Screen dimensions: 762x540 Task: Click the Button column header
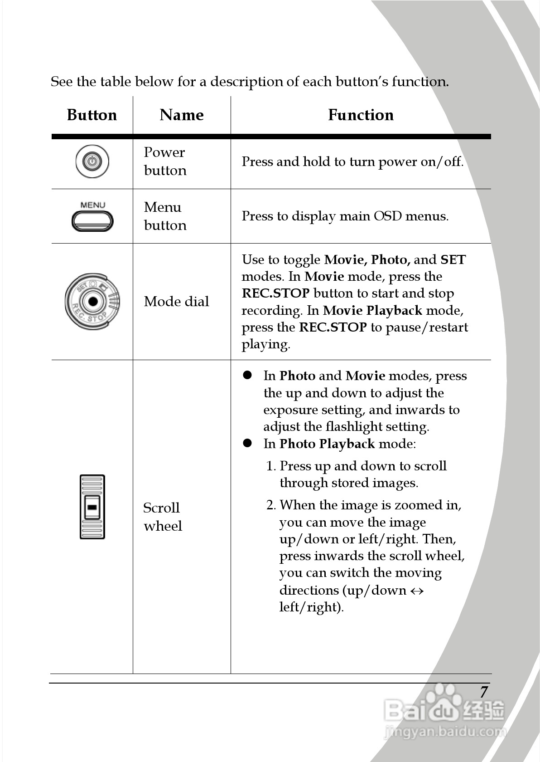[92, 115]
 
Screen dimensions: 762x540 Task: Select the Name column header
[182, 115]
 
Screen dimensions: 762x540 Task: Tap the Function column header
[361, 115]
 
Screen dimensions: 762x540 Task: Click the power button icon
[92, 161]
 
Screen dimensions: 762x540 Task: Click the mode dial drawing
[92, 301]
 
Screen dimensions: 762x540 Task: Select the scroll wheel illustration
[92, 507]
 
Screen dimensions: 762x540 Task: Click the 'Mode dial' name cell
[176, 302]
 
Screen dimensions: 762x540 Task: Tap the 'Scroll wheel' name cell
[162, 517]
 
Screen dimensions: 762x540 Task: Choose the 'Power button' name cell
[165, 161]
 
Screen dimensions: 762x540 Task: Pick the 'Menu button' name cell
[165, 216]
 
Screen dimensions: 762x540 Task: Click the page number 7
[484, 692]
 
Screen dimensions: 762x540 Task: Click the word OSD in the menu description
[387, 216]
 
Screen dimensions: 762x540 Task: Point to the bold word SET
[453, 260]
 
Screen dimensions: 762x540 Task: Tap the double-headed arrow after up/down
[417, 591]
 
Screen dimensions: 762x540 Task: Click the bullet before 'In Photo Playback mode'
[247, 443]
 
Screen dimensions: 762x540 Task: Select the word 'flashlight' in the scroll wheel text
[354, 427]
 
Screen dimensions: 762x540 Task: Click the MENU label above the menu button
[92, 205]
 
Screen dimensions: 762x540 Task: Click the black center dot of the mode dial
[93, 301]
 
